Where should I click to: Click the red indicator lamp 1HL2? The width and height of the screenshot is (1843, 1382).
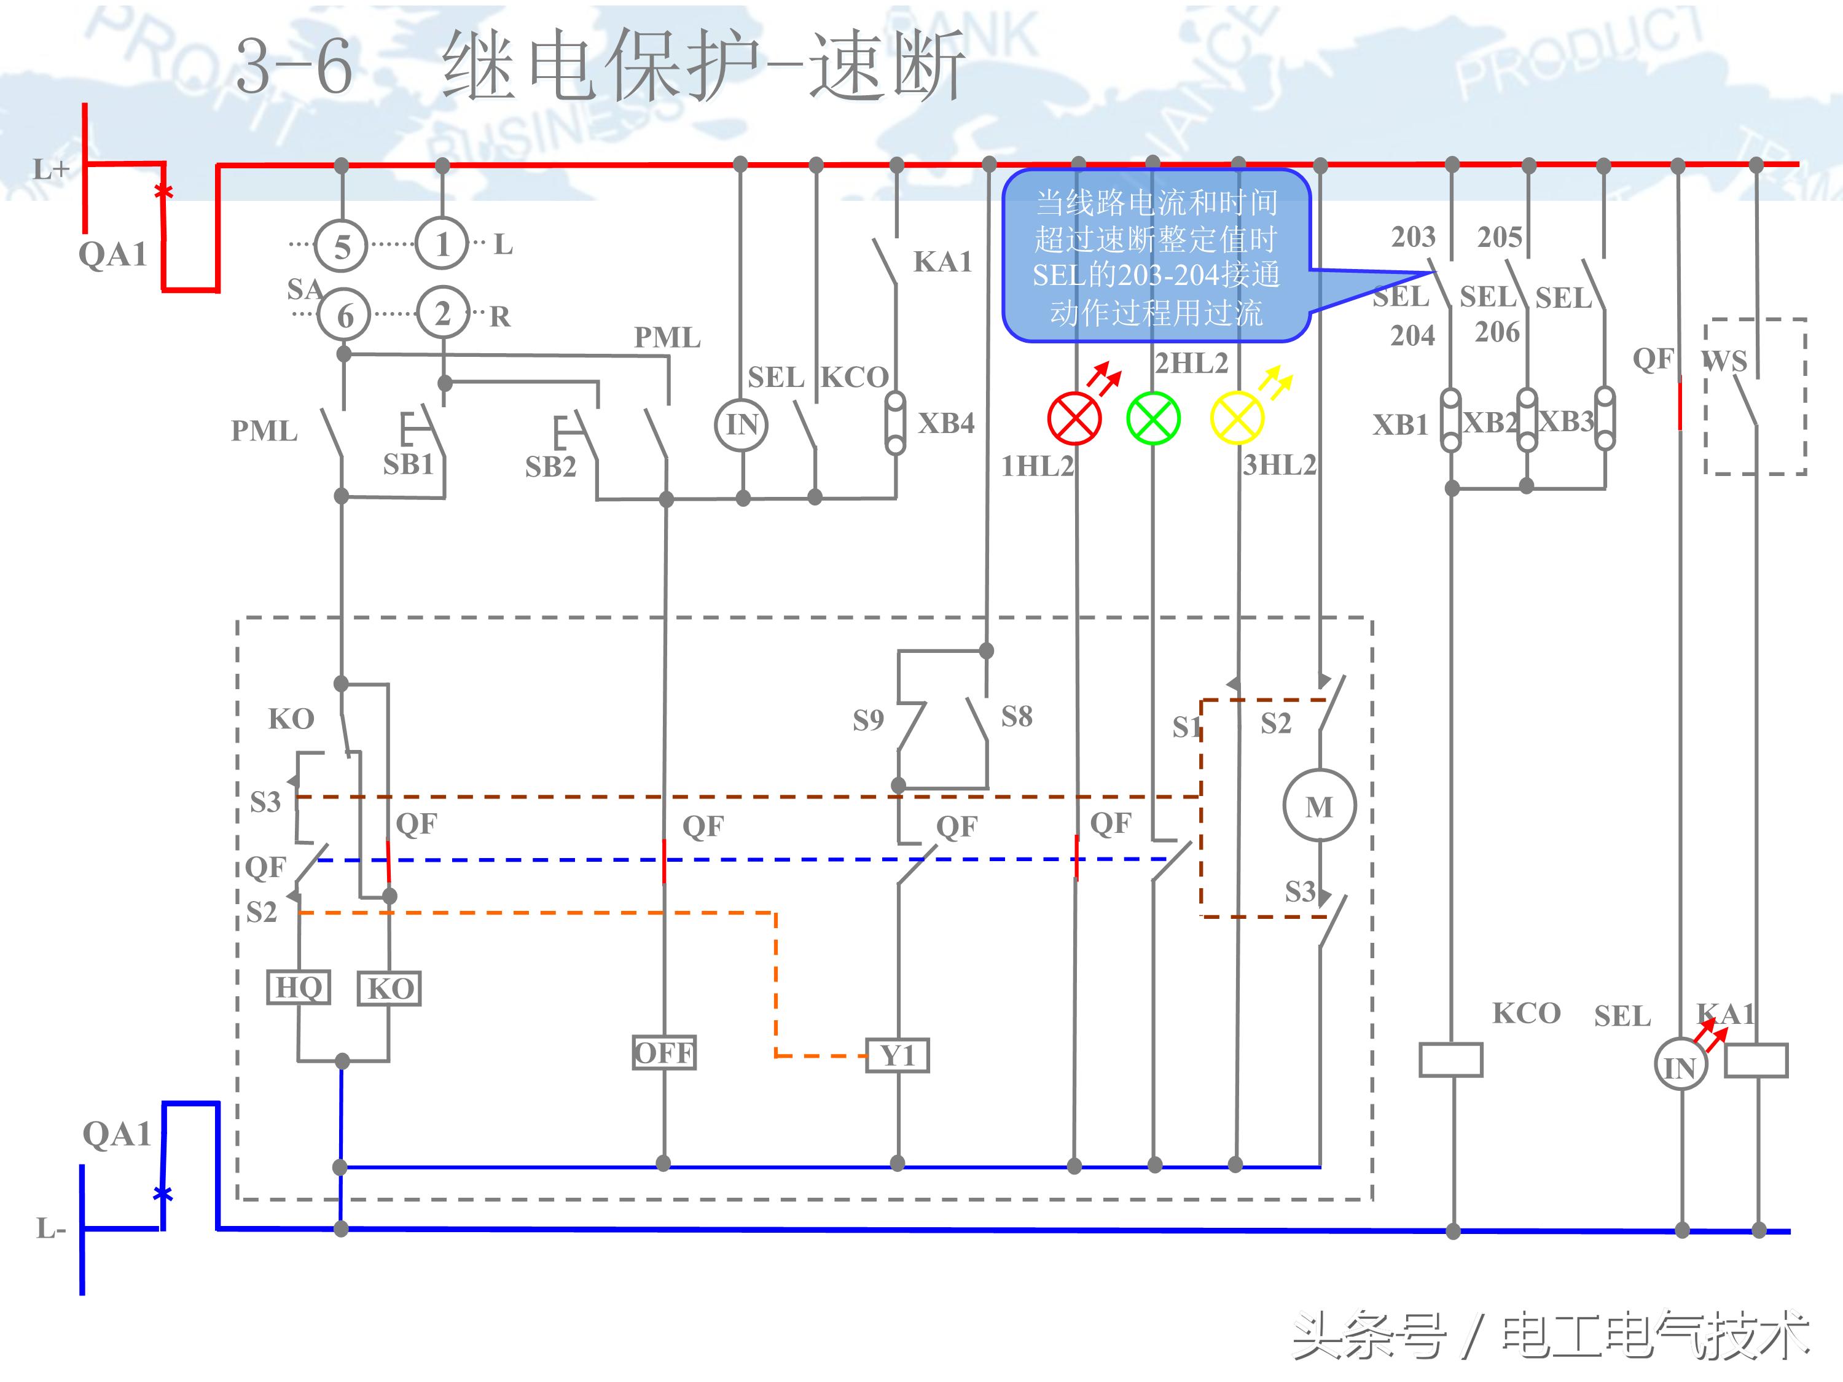point(1074,418)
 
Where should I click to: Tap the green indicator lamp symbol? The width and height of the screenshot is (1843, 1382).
point(1153,418)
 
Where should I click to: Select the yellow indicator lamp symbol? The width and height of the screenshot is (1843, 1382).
point(1237,418)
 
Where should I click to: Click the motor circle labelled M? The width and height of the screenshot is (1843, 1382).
point(1319,806)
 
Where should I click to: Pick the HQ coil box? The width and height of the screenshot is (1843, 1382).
point(299,987)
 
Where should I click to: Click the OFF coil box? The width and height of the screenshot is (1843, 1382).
point(663,1053)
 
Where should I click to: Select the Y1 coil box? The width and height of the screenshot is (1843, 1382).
point(898,1055)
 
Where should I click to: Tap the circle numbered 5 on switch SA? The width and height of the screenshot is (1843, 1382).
point(342,246)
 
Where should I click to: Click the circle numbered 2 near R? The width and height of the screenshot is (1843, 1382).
point(442,313)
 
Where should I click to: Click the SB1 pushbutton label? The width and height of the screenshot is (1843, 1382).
point(409,464)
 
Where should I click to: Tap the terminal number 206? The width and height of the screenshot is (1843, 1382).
point(1497,332)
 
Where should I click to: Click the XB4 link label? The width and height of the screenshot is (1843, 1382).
point(945,423)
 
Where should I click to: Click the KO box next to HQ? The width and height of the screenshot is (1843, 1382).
point(389,989)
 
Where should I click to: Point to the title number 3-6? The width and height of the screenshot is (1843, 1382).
point(293,66)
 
